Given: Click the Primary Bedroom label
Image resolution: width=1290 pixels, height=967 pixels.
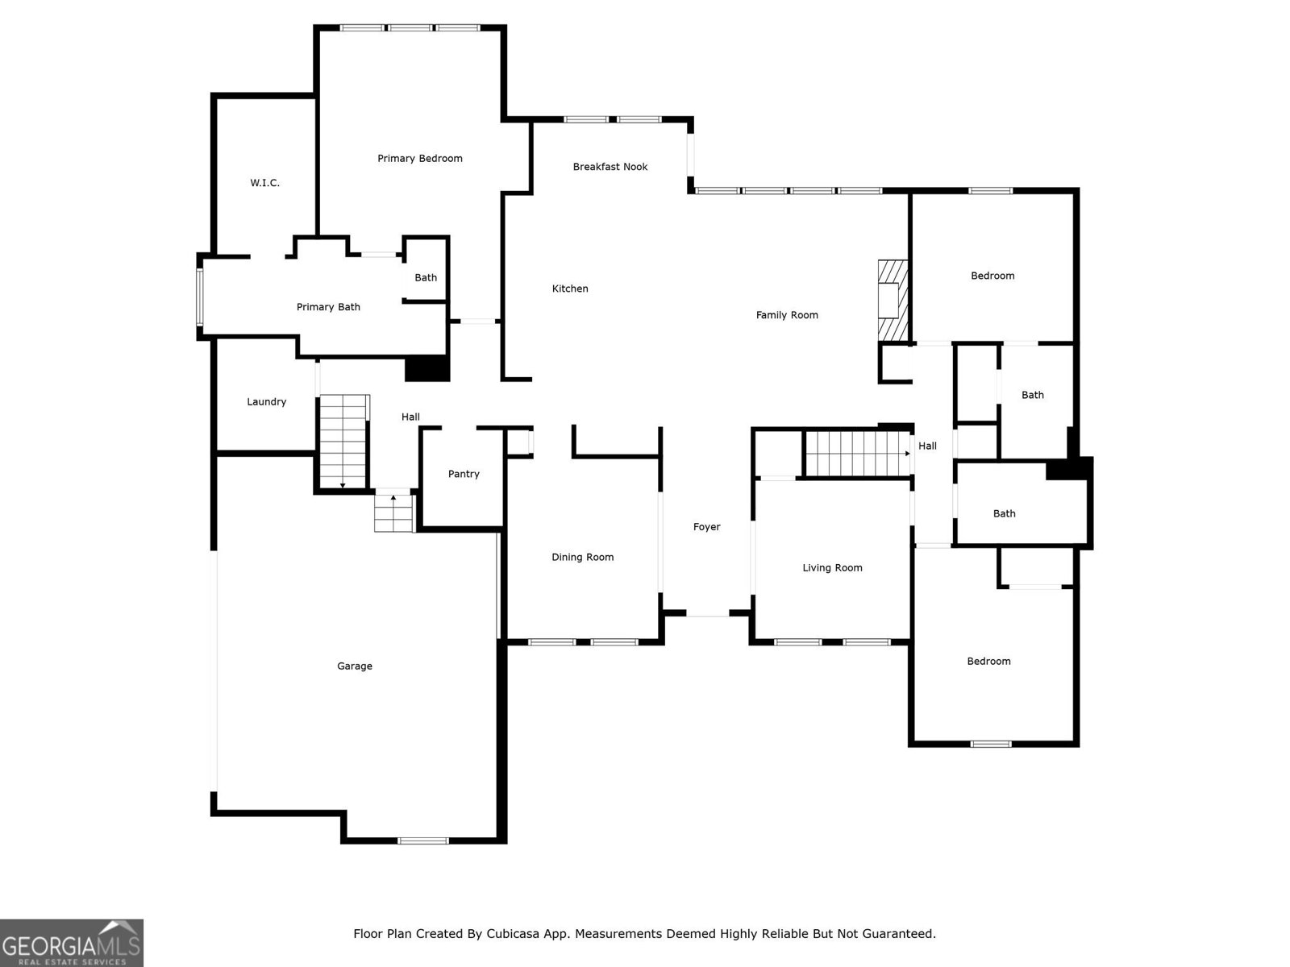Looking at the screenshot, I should tap(420, 159).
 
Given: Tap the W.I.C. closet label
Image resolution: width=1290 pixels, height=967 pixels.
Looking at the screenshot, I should tap(264, 183).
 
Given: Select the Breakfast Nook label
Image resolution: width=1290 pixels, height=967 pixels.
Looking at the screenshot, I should tap(610, 167).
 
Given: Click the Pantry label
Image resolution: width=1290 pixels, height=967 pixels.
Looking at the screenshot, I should tap(464, 474).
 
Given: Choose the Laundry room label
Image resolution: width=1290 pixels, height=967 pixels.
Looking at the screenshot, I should tap(266, 401).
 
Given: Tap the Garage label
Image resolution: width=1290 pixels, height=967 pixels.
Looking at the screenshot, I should tap(355, 666).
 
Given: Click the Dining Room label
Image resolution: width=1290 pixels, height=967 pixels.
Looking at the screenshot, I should tap(582, 557).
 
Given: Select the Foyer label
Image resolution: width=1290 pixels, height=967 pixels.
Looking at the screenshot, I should tap(706, 527).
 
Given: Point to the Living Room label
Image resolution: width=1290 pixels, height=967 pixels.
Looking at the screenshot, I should tap(832, 568).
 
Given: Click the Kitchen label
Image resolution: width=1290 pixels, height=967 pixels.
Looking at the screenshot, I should tap(570, 288).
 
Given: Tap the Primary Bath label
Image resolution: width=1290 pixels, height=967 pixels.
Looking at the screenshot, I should tap(328, 307).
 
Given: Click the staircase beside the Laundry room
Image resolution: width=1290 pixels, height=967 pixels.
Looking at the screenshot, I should tap(344, 442).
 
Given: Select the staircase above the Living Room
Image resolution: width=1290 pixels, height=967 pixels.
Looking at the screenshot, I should tap(857, 454).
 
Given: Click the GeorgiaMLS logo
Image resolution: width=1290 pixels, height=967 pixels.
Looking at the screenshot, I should tap(72, 943).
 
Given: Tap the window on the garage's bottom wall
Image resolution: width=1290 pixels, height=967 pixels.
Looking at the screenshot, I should tap(423, 840).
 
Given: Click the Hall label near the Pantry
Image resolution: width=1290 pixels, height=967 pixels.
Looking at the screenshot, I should tap(410, 417).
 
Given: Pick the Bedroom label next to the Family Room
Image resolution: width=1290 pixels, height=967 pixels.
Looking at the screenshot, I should tap(992, 276).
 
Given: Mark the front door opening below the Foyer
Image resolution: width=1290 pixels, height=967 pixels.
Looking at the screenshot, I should tap(707, 615).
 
